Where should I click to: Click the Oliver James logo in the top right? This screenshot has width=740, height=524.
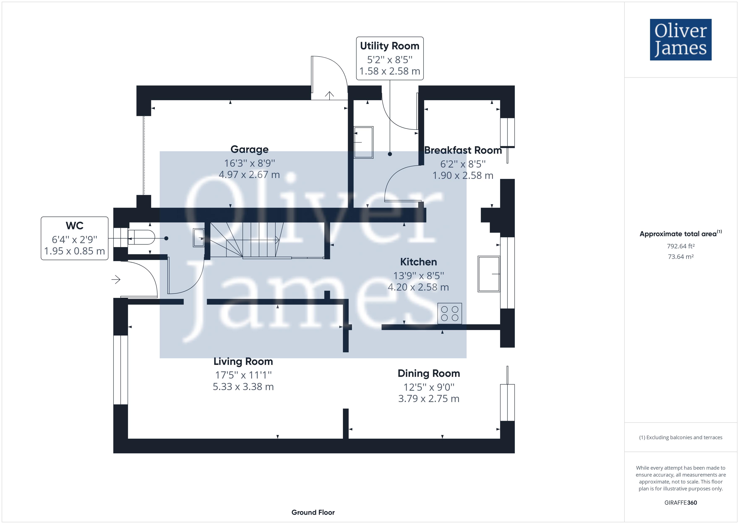680,40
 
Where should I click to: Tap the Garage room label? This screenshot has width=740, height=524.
249,149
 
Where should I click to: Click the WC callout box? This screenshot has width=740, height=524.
74,238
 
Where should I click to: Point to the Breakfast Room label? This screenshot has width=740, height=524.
463,150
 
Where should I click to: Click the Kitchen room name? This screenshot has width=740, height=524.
418,262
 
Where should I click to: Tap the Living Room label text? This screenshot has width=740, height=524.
243,361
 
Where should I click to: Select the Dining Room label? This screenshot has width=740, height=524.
429,373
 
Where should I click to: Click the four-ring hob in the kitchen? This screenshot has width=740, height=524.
450,313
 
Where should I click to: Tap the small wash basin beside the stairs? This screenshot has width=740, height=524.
199,238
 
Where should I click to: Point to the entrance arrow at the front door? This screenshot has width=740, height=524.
116,279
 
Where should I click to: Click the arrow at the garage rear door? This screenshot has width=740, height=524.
329,95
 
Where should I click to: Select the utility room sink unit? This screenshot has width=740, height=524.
363,142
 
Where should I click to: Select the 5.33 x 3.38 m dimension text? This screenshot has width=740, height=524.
243,386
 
